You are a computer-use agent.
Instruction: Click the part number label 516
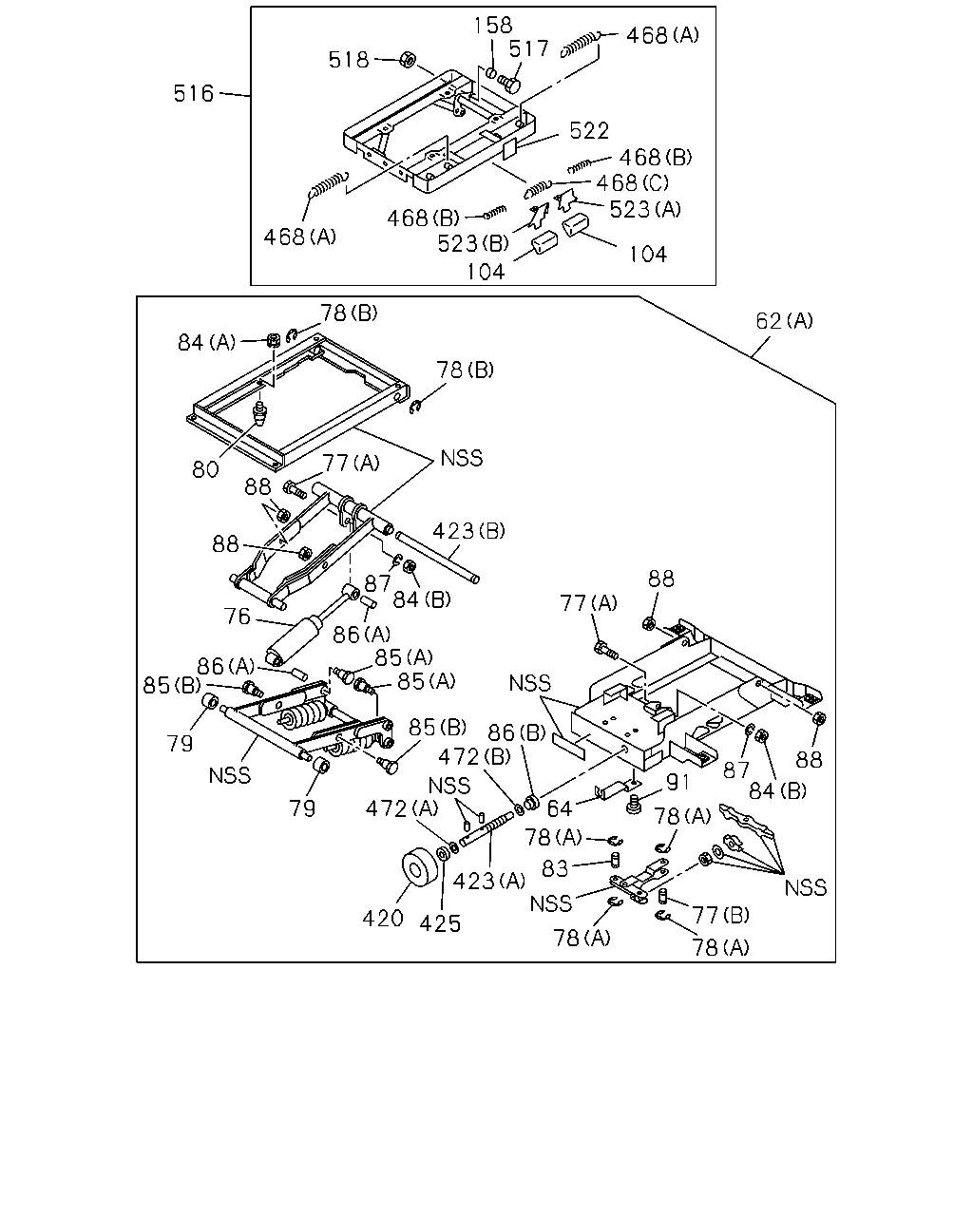[193, 93]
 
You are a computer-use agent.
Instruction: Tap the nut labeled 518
[408, 59]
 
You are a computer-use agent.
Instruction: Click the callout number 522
[588, 131]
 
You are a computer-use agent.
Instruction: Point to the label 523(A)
[645, 210]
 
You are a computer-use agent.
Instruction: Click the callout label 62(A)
[784, 321]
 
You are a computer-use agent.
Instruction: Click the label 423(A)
[488, 881]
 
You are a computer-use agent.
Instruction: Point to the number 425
[440, 923]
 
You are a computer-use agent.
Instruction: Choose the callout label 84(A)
[206, 342]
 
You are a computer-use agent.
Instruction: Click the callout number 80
[205, 469]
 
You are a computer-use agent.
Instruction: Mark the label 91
[677, 783]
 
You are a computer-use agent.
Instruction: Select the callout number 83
[555, 869]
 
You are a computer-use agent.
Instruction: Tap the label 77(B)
[721, 915]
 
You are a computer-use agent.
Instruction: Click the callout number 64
[560, 809]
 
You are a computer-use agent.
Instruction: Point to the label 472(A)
[402, 809]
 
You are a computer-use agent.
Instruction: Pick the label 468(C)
[633, 183]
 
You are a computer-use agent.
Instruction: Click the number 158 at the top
[493, 26]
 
